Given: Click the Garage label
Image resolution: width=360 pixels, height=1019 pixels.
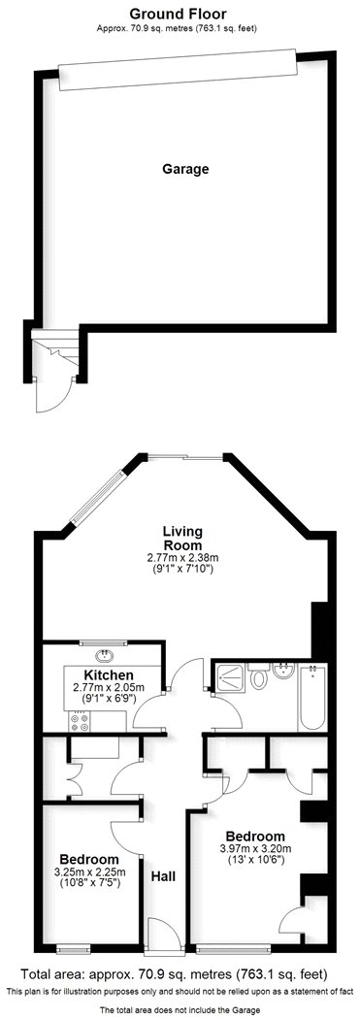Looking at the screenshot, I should (x=185, y=169).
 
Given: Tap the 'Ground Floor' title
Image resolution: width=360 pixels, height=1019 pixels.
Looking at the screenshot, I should (x=180, y=15).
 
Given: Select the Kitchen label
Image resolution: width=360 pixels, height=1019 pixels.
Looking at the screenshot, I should (x=108, y=674).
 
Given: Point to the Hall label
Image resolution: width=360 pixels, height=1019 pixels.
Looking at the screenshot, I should (x=163, y=876).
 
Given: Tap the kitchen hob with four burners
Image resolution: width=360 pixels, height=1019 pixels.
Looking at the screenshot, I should (x=77, y=720).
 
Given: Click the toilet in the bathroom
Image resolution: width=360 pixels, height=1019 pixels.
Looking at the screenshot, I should (x=258, y=678).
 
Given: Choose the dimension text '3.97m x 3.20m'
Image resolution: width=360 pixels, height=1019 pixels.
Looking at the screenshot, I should (x=255, y=850).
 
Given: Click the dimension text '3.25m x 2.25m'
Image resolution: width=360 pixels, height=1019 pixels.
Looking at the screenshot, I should (x=88, y=871).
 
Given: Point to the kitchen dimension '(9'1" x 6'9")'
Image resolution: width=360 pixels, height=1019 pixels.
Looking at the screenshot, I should (x=108, y=697).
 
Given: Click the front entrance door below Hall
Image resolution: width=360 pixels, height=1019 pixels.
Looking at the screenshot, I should (x=161, y=935).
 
